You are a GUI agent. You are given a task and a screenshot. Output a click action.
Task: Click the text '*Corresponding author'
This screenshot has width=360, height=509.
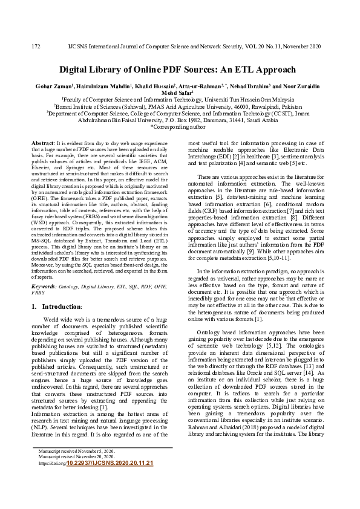click(x=180, y=127)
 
